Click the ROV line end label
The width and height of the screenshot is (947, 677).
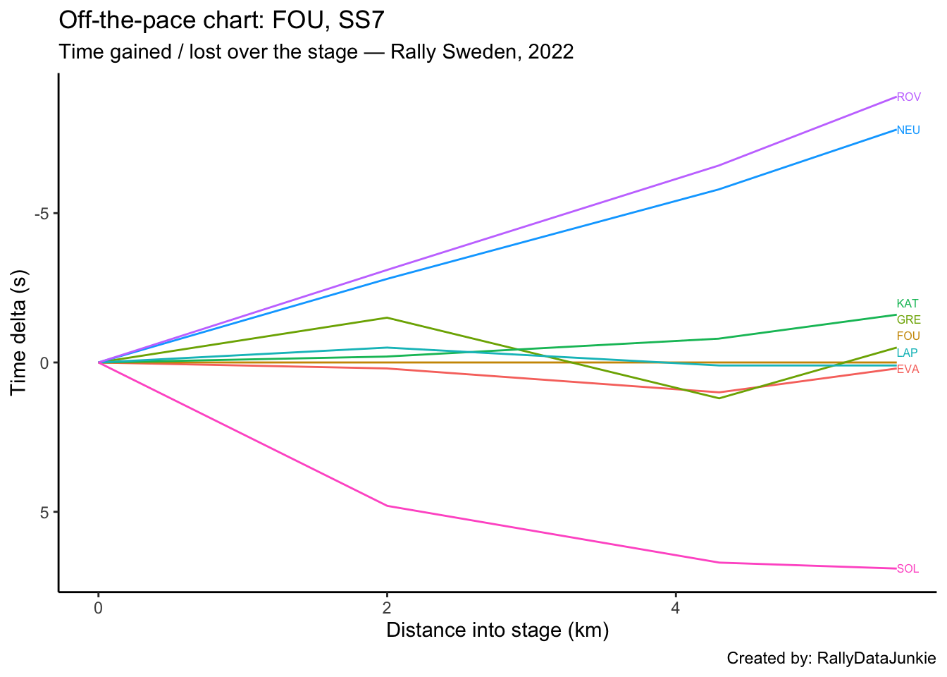908,97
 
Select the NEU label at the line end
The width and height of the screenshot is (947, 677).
908,130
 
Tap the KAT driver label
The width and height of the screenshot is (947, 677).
908,304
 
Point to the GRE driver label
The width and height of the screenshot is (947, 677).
908,320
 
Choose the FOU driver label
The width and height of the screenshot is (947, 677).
908,336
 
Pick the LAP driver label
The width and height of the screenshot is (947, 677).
907,353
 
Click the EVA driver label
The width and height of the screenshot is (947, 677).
908,370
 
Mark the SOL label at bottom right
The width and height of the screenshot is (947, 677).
908,569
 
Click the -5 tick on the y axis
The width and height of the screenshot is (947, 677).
42,214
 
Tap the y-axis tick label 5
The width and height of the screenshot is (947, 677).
44,512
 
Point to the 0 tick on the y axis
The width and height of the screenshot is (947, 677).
44,362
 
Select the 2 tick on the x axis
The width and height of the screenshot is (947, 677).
387,608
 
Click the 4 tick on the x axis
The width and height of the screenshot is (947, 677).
675,608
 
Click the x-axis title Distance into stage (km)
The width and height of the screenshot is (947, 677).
497,630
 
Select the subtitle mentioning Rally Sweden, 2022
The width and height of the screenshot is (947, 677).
316,52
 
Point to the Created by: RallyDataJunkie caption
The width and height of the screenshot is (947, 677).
831,659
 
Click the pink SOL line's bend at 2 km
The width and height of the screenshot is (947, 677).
387,506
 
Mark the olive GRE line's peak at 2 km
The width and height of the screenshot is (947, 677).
387,317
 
